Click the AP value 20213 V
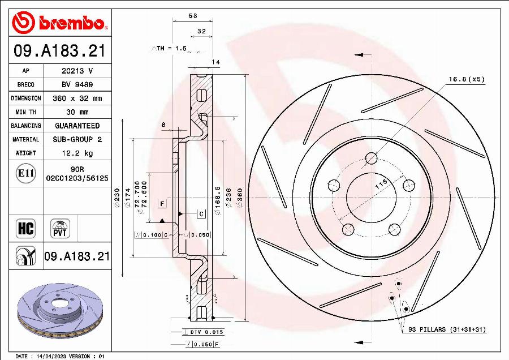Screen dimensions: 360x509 77,71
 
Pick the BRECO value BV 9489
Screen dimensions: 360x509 77,85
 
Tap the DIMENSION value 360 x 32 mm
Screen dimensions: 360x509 77,98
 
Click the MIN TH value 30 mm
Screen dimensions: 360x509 77,112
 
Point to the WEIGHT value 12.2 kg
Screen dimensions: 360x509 77,153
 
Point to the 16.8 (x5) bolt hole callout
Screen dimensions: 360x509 467,80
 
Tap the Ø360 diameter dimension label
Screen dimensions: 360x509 240,198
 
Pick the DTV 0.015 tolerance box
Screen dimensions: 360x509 198,332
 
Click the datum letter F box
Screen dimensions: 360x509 162,202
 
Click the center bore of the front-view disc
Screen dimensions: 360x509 370,198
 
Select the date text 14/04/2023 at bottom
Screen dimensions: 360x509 51,356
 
